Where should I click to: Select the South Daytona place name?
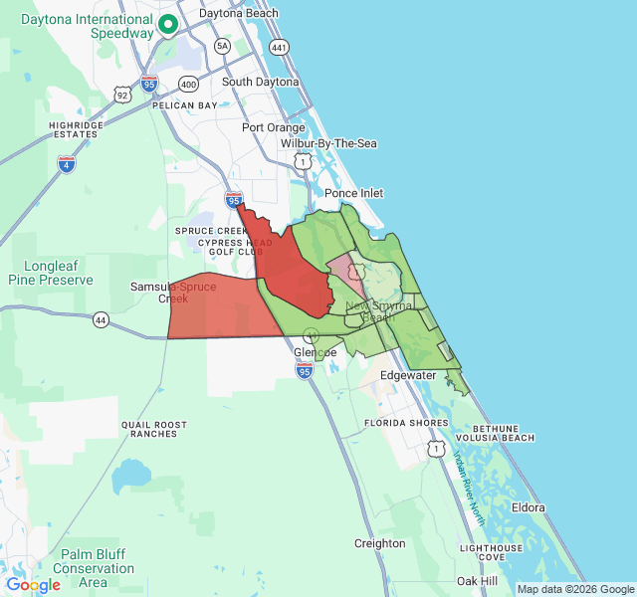point(260,82)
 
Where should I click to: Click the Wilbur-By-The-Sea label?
point(328,144)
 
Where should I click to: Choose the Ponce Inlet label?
point(354,193)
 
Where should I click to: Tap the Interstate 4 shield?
point(67,164)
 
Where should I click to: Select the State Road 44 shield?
point(101,319)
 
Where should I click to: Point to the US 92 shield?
point(121,96)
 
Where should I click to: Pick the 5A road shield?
point(222,46)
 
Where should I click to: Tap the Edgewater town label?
point(408,375)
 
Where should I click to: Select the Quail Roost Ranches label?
point(154,429)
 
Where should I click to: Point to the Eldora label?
point(528,507)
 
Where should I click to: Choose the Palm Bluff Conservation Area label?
point(93,568)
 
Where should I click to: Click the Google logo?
point(33,585)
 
